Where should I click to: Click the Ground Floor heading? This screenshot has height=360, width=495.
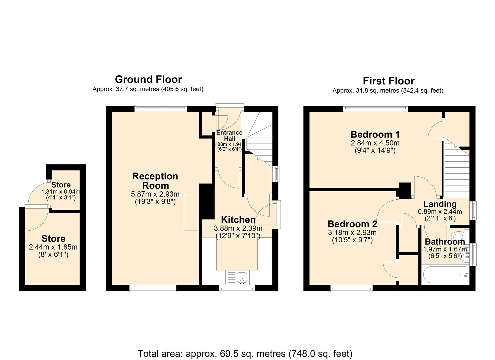point(148,79)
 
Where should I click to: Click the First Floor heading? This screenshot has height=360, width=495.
point(388,81)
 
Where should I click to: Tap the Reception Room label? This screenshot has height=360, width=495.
point(155,181)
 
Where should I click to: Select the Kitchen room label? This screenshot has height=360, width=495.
point(238,220)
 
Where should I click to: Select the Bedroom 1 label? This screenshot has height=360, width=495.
point(375,135)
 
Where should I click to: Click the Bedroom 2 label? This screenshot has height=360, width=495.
point(352,224)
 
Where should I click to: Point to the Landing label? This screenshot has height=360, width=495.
point(440,204)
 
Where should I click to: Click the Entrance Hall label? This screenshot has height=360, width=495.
point(229,135)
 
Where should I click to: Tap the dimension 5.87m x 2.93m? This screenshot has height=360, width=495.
point(155,194)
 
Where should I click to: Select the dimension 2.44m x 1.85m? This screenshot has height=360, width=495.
point(53,247)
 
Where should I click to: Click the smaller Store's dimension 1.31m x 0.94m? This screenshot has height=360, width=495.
point(61,192)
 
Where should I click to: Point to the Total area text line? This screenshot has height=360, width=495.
point(245,353)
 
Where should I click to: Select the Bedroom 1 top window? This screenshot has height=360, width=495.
point(375,108)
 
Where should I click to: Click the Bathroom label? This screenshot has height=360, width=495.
point(445,242)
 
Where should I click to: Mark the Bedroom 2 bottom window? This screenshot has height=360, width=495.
point(351,288)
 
